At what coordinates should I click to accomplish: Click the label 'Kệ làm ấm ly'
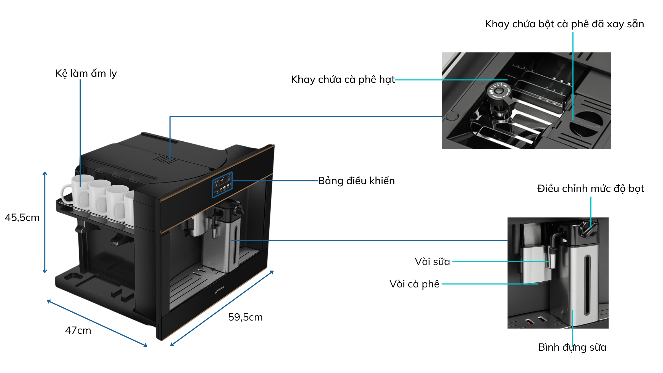click(86, 73)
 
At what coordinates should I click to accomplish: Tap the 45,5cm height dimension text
click(22, 218)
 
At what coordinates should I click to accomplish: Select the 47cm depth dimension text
click(78, 330)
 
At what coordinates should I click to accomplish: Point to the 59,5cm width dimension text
click(245, 317)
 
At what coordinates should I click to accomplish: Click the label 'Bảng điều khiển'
click(356, 181)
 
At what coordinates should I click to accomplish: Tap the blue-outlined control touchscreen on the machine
click(222, 185)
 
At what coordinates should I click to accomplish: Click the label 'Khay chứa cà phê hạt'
click(343, 80)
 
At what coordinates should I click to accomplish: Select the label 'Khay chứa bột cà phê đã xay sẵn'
click(564, 24)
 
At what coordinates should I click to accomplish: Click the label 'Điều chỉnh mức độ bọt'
click(591, 189)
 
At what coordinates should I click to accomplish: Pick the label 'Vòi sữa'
click(432, 261)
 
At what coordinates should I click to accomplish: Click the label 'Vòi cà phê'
click(414, 284)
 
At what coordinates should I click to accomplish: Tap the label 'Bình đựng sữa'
click(572, 347)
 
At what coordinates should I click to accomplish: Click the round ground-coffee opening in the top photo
click(586, 124)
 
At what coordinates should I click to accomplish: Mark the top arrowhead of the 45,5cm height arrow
click(45, 173)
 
